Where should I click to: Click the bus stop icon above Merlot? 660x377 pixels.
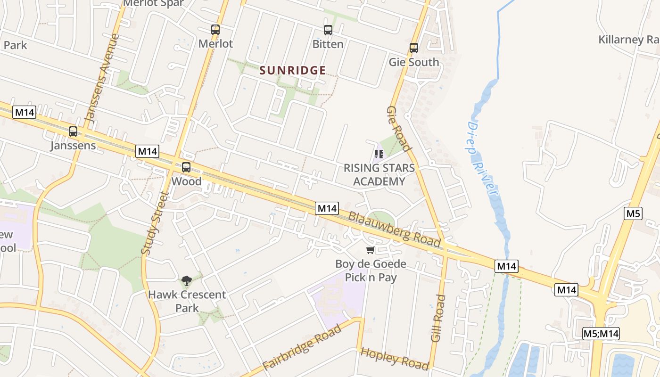point(215,30)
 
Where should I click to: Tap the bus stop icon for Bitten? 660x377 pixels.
point(328,30)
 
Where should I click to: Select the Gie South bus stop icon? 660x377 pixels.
point(414,48)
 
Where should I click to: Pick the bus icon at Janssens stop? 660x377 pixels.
point(73,131)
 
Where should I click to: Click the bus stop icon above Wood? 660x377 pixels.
point(186,167)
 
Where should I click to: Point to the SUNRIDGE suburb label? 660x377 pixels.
point(293,71)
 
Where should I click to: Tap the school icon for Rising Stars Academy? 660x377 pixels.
point(379,154)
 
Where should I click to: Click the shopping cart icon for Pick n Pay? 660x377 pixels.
point(371,250)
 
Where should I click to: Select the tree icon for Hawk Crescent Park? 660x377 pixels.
point(187,281)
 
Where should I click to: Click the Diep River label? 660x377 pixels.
point(483,158)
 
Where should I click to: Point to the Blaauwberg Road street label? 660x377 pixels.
point(395,229)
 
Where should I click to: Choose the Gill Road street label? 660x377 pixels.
point(438,318)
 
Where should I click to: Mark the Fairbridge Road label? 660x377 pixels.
point(302,348)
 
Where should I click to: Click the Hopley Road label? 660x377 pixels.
point(395,358)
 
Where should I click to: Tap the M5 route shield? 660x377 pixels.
point(633,213)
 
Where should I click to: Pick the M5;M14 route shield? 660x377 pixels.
point(601,334)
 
